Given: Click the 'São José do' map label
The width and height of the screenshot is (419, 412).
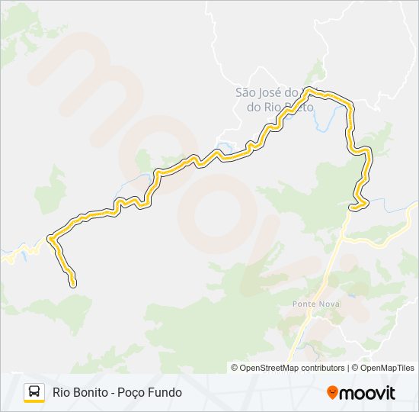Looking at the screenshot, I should pyautogui.click(x=267, y=92).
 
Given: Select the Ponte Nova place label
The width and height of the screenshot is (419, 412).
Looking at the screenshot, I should pyautogui.click(x=316, y=304).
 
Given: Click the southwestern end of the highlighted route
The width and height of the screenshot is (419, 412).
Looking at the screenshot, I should pyautogui.click(x=73, y=285).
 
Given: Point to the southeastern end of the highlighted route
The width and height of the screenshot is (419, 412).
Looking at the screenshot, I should pyautogui.click(x=353, y=206).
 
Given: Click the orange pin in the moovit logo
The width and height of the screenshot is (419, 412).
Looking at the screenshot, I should pyautogui.click(x=332, y=393).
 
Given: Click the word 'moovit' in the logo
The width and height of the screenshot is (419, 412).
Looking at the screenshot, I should pyautogui.click(x=367, y=393).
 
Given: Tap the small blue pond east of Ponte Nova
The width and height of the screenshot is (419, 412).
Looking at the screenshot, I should pyautogui.click(x=351, y=292).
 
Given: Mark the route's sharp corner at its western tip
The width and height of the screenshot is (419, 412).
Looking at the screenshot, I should pyautogui.click(x=50, y=238).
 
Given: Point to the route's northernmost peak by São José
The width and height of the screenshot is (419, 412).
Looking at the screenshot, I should pyautogui.click(x=308, y=90).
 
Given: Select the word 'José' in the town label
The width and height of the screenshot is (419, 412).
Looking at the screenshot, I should pyautogui.click(x=273, y=92).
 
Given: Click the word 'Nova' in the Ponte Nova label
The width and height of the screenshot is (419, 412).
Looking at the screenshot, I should pyautogui.click(x=330, y=304).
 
